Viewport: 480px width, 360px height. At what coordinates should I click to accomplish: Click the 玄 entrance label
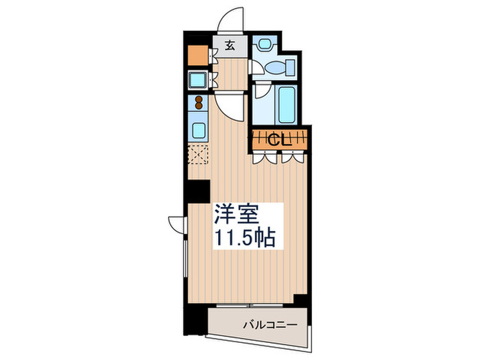coord(230,47)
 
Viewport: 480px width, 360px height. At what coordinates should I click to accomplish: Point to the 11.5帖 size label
coord(246,238)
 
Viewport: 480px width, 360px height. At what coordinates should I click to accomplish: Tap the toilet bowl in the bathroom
coord(280,68)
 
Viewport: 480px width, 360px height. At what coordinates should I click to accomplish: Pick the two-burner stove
coord(199,104)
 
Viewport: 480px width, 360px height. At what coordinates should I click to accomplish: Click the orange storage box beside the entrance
coord(197,53)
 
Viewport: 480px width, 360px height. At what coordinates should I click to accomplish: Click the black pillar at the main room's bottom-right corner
coord(300,300)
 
